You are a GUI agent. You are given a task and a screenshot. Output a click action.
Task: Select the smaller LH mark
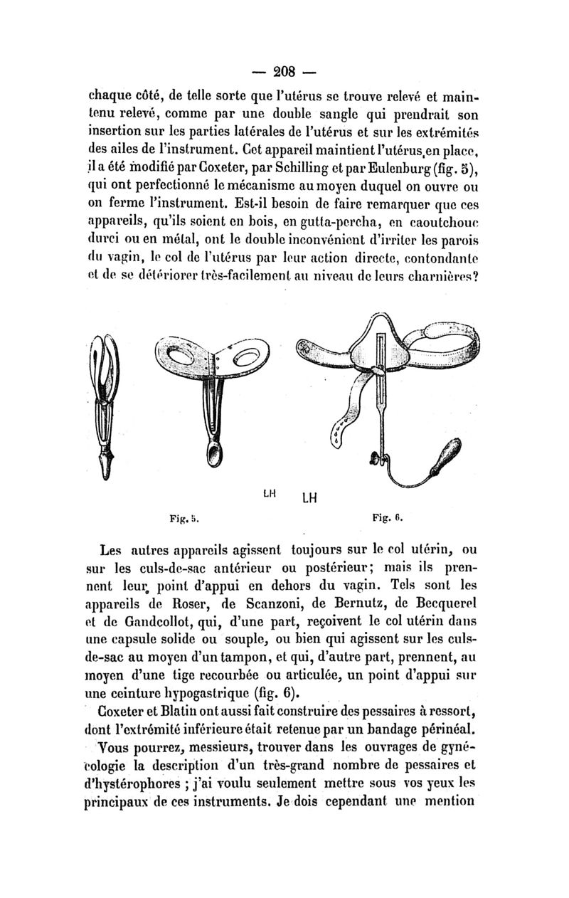click(x=270, y=492)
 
